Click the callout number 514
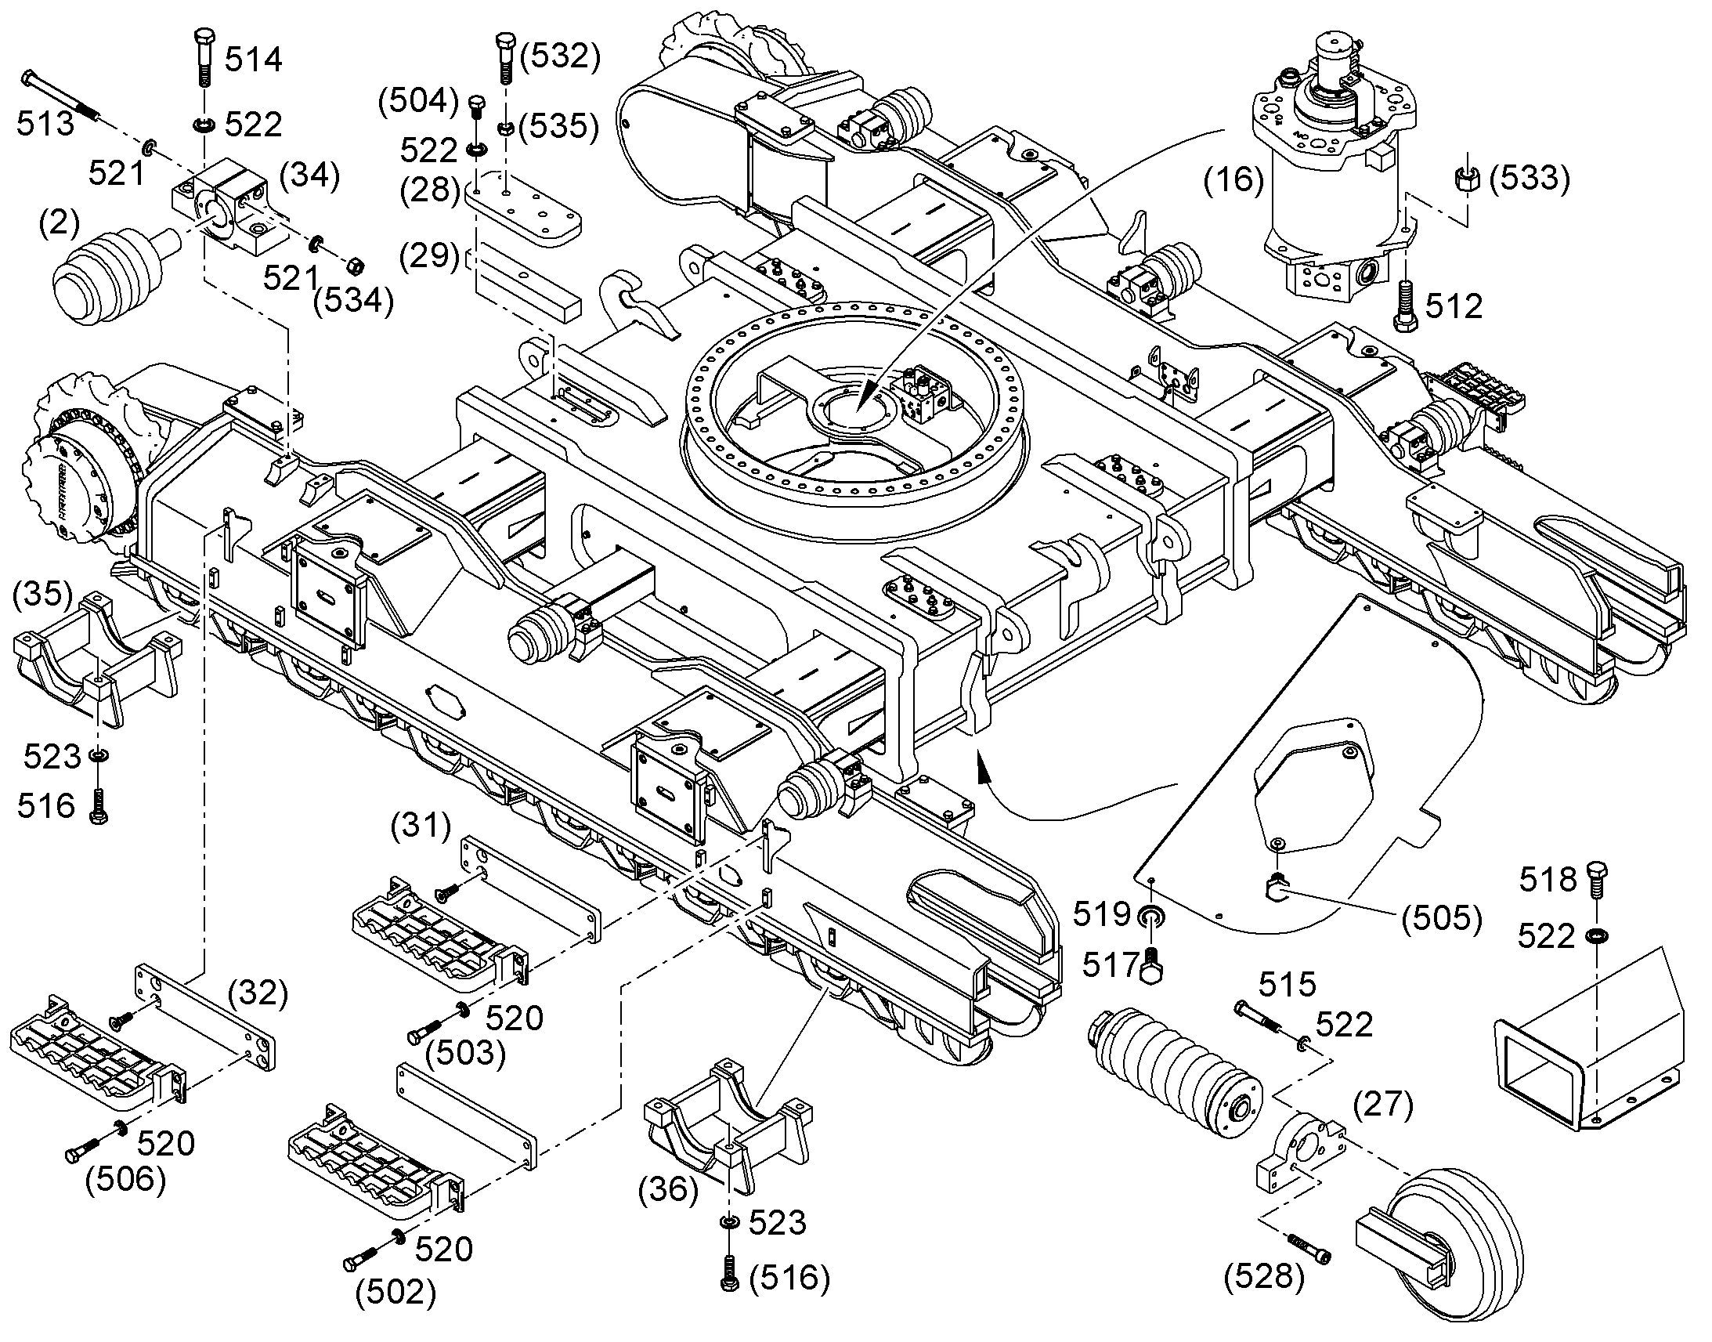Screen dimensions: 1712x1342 pos(254,60)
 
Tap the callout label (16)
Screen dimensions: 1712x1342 pos(1233,180)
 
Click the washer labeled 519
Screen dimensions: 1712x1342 pos(1152,916)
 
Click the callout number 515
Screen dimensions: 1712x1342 pos(1288,985)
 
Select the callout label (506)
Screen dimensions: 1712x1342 pos(125,1179)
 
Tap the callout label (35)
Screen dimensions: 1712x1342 pos(43,593)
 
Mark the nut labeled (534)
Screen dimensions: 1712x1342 pos(353,266)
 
